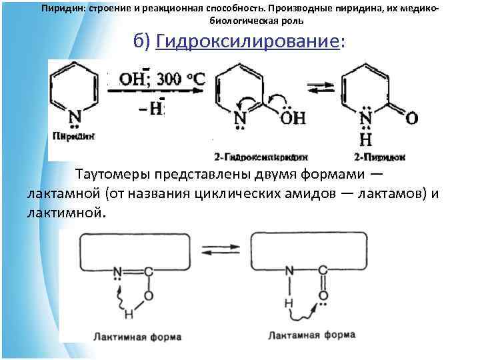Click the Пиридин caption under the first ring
(x=73, y=135)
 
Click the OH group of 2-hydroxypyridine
(x=291, y=119)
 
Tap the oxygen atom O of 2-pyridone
(x=412, y=119)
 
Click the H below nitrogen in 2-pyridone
(x=366, y=140)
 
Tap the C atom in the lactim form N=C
(x=148, y=271)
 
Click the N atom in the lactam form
(x=289, y=271)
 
